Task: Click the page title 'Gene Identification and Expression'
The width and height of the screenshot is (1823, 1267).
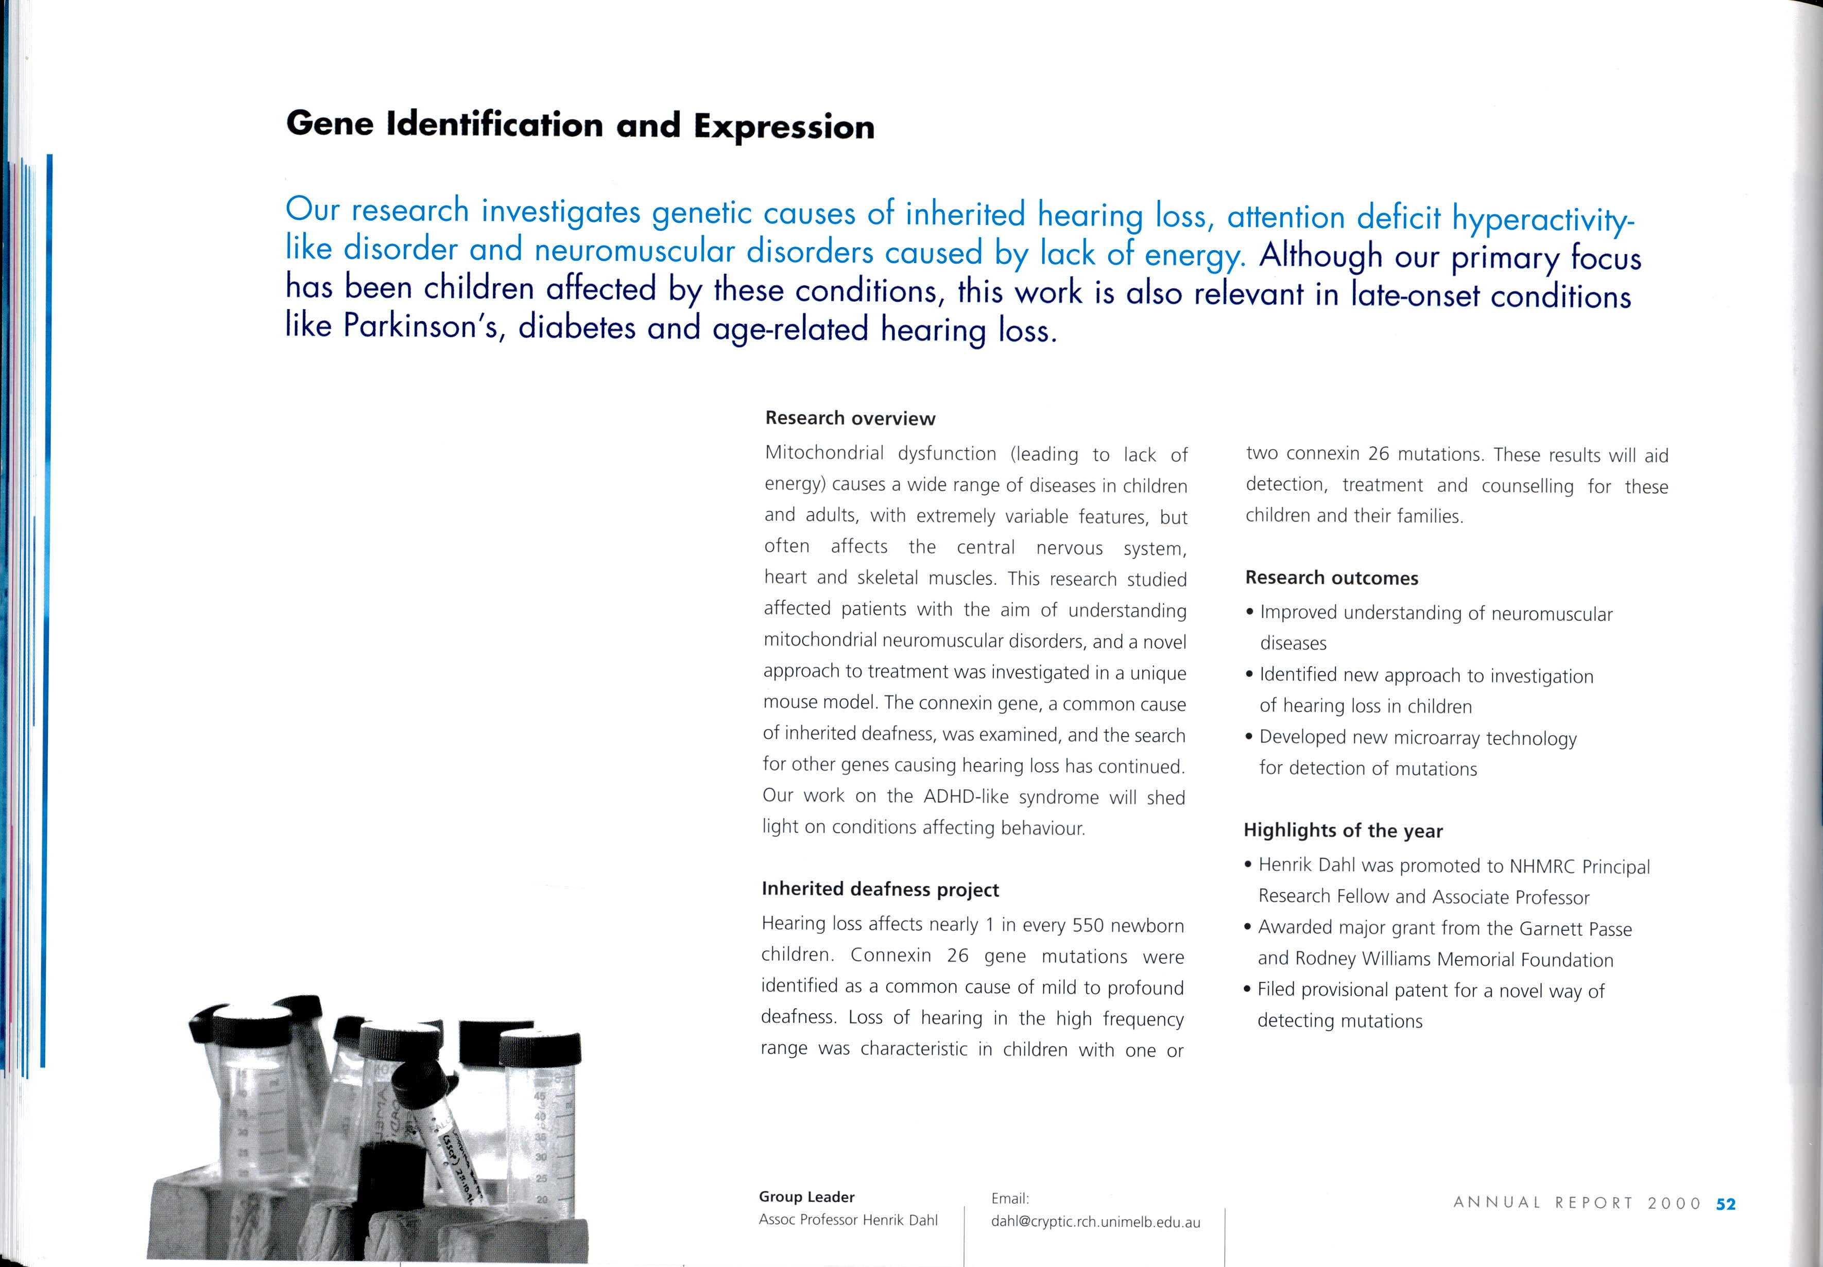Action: [580, 126]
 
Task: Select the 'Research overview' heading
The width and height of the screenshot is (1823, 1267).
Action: [850, 419]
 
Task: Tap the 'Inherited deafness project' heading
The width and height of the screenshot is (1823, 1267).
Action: [880, 889]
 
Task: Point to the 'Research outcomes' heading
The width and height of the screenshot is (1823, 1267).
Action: [1332, 578]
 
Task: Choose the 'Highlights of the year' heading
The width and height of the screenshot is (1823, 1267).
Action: [1343, 830]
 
